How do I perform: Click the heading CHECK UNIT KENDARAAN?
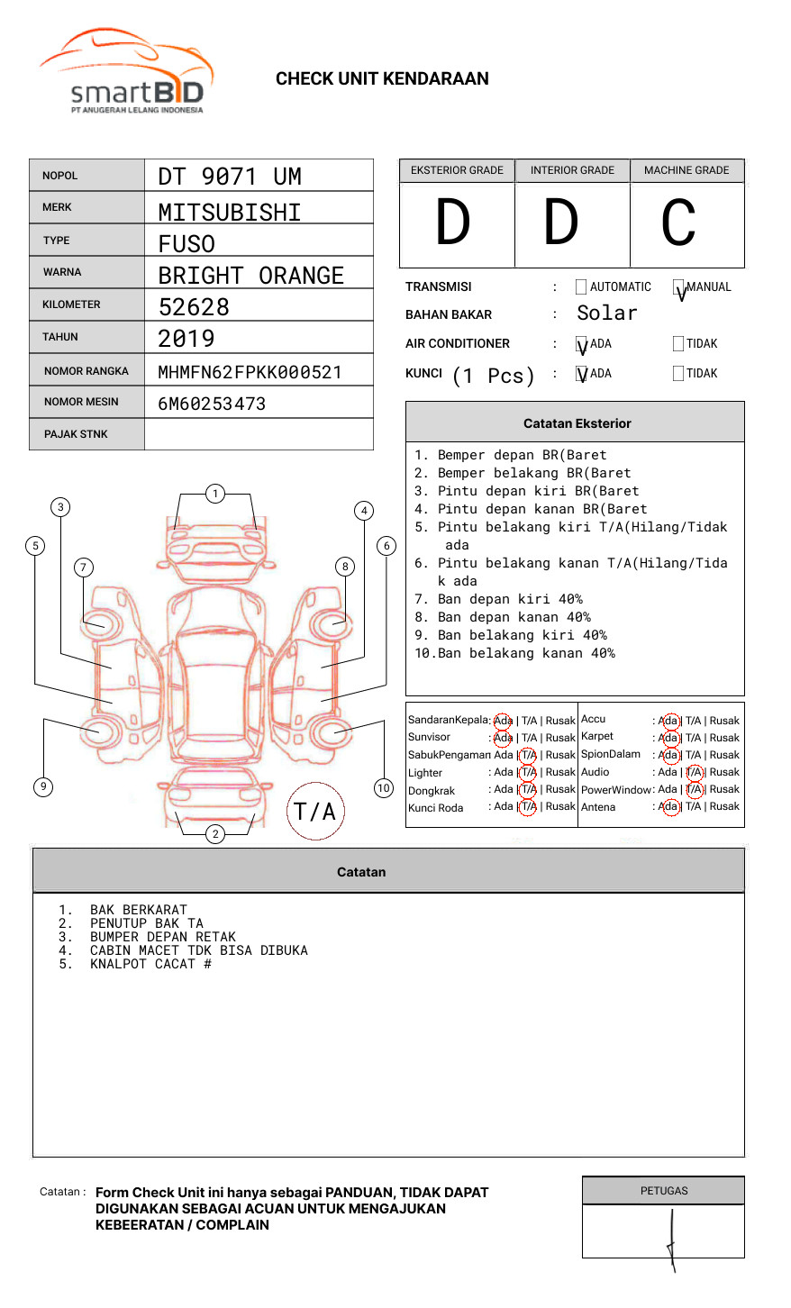[x=382, y=79]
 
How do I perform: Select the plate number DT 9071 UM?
[x=230, y=177]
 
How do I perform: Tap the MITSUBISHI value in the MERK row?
[x=230, y=213]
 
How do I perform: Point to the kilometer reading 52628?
[x=194, y=307]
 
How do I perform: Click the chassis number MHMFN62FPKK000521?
[x=250, y=372]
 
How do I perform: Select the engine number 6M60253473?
[x=212, y=404]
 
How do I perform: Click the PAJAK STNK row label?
[x=76, y=434]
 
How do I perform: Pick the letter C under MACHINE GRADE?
[x=678, y=223]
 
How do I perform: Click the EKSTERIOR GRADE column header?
[x=457, y=170]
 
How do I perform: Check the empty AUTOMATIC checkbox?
[x=581, y=287]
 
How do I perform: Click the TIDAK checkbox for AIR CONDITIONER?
[x=678, y=343]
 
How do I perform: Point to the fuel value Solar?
[x=606, y=313]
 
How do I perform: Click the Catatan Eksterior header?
[x=577, y=423]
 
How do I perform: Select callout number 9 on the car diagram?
[x=42, y=786]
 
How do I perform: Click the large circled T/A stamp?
[x=315, y=811]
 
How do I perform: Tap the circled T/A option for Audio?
[x=694, y=772]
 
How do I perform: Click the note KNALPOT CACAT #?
[x=150, y=964]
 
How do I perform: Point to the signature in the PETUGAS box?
[x=671, y=1239]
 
